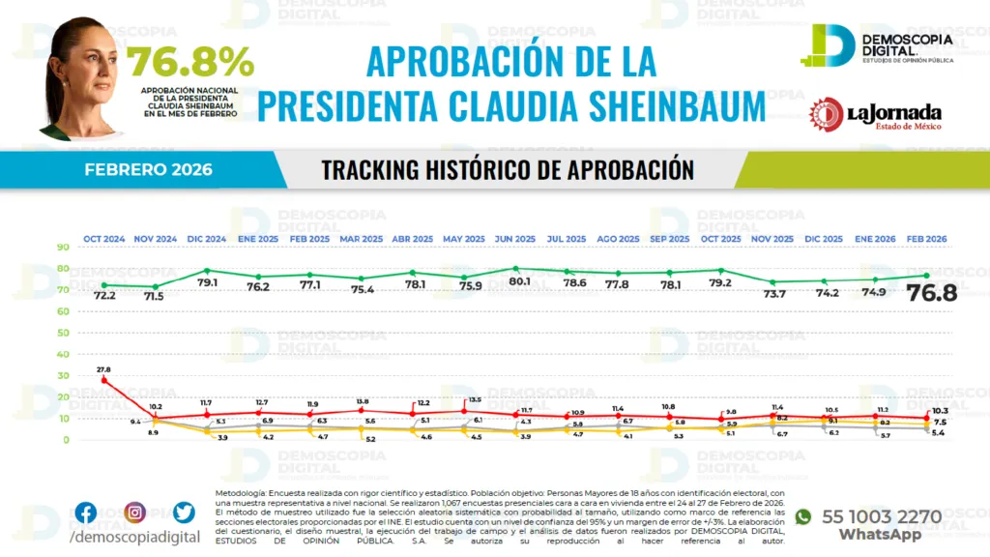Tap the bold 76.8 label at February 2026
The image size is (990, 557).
(931, 292)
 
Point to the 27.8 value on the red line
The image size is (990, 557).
(103, 369)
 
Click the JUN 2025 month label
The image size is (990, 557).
(514, 239)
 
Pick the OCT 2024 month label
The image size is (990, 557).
(103, 239)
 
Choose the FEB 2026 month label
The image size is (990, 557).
(925, 239)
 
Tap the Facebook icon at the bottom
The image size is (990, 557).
(86, 513)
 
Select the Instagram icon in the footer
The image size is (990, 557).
(135, 513)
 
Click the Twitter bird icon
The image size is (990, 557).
(185, 513)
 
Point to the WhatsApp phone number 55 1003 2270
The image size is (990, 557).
(881, 516)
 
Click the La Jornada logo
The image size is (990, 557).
(876, 115)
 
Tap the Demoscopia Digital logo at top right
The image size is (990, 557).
(876, 45)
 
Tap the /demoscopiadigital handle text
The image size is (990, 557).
(136, 537)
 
